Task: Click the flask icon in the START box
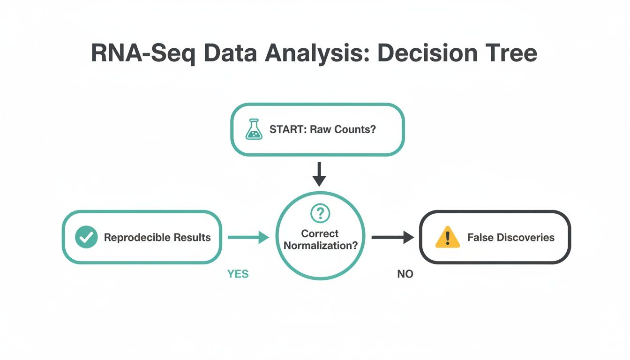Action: click(x=254, y=129)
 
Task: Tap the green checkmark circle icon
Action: click(x=86, y=237)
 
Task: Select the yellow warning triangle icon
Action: click(x=447, y=237)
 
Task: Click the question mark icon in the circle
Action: click(x=320, y=214)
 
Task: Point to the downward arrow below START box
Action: click(x=319, y=174)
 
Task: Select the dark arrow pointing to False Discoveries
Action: click(x=392, y=238)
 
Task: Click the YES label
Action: click(x=238, y=274)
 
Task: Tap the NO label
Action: click(x=405, y=274)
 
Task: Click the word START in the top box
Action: click(x=286, y=129)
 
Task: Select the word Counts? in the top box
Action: click(x=356, y=129)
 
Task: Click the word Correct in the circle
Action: click(x=320, y=233)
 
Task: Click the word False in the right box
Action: click(x=479, y=237)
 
